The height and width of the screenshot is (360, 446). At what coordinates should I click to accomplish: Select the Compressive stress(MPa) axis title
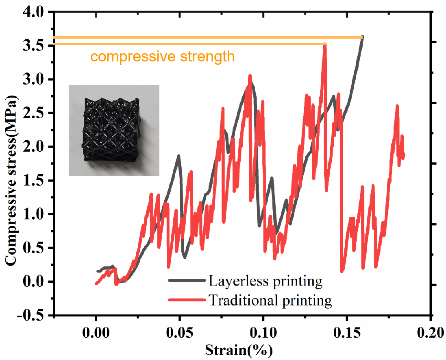tap(11, 181)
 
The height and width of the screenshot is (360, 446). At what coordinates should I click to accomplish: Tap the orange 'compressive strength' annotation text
tap(163, 56)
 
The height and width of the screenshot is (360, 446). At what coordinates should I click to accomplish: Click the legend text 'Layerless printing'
tap(265, 280)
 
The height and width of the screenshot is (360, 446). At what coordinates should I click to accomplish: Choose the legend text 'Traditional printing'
tap(270, 300)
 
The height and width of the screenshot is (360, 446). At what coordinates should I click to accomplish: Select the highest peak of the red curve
tap(324, 44)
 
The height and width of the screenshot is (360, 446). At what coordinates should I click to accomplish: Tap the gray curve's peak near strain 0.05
tap(178, 155)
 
